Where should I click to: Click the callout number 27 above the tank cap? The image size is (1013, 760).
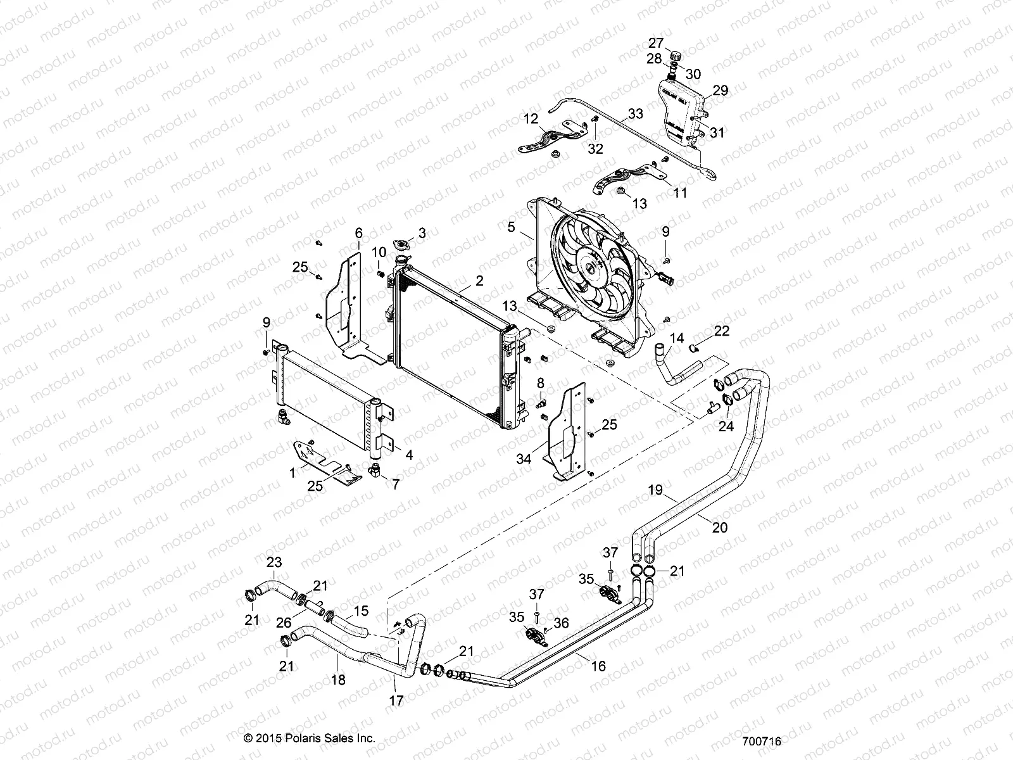coord(655,43)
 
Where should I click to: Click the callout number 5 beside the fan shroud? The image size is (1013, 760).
coord(511,226)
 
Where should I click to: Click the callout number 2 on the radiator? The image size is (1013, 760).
coord(479,280)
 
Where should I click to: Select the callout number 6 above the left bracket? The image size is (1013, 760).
coord(358,232)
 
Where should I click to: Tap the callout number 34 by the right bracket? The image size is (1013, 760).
coord(523,458)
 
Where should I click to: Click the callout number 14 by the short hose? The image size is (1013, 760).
coord(677,338)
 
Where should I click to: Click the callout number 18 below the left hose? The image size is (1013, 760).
coord(338,680)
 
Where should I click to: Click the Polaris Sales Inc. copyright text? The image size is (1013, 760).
coord(310,738)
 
